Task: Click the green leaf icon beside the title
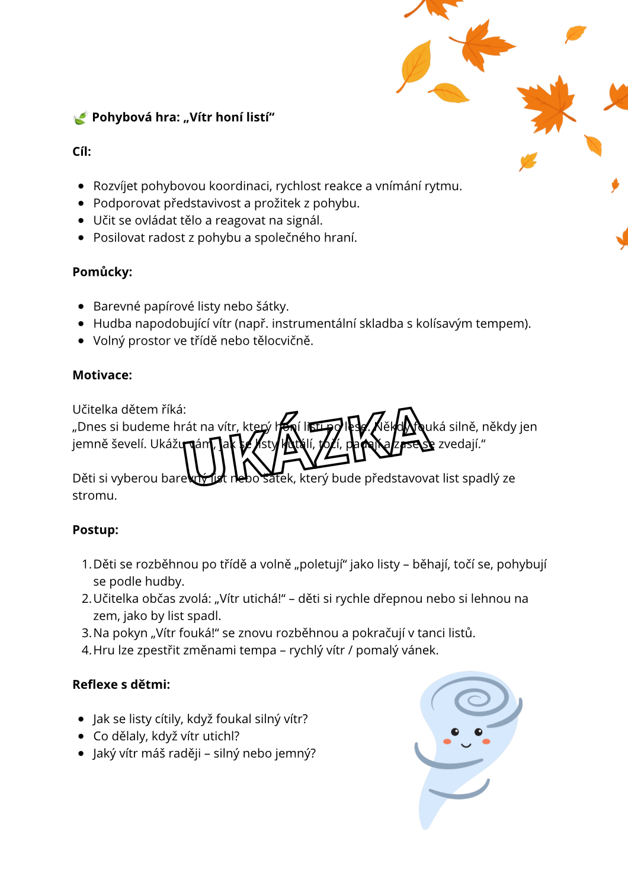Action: (x=79, y=118)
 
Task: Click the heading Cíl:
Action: (x=82, y=152)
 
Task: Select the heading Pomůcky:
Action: (x=102, y=272)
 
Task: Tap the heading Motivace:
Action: (x=102, y=375)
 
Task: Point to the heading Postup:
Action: (x=95, y=529)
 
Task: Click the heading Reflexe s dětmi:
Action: (x=121, y=685)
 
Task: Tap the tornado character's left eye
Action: (x=455, y=732)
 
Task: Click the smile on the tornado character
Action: (x=466, y=744)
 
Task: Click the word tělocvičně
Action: (x=283, y=341)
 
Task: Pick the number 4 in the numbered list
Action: (x=86, y=650)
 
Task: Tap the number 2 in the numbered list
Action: (x=86, y=599)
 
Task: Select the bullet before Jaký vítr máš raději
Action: (x=81, y=753)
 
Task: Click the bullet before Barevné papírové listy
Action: (x=81, y=306)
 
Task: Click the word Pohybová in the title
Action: (x=121, y=117)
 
